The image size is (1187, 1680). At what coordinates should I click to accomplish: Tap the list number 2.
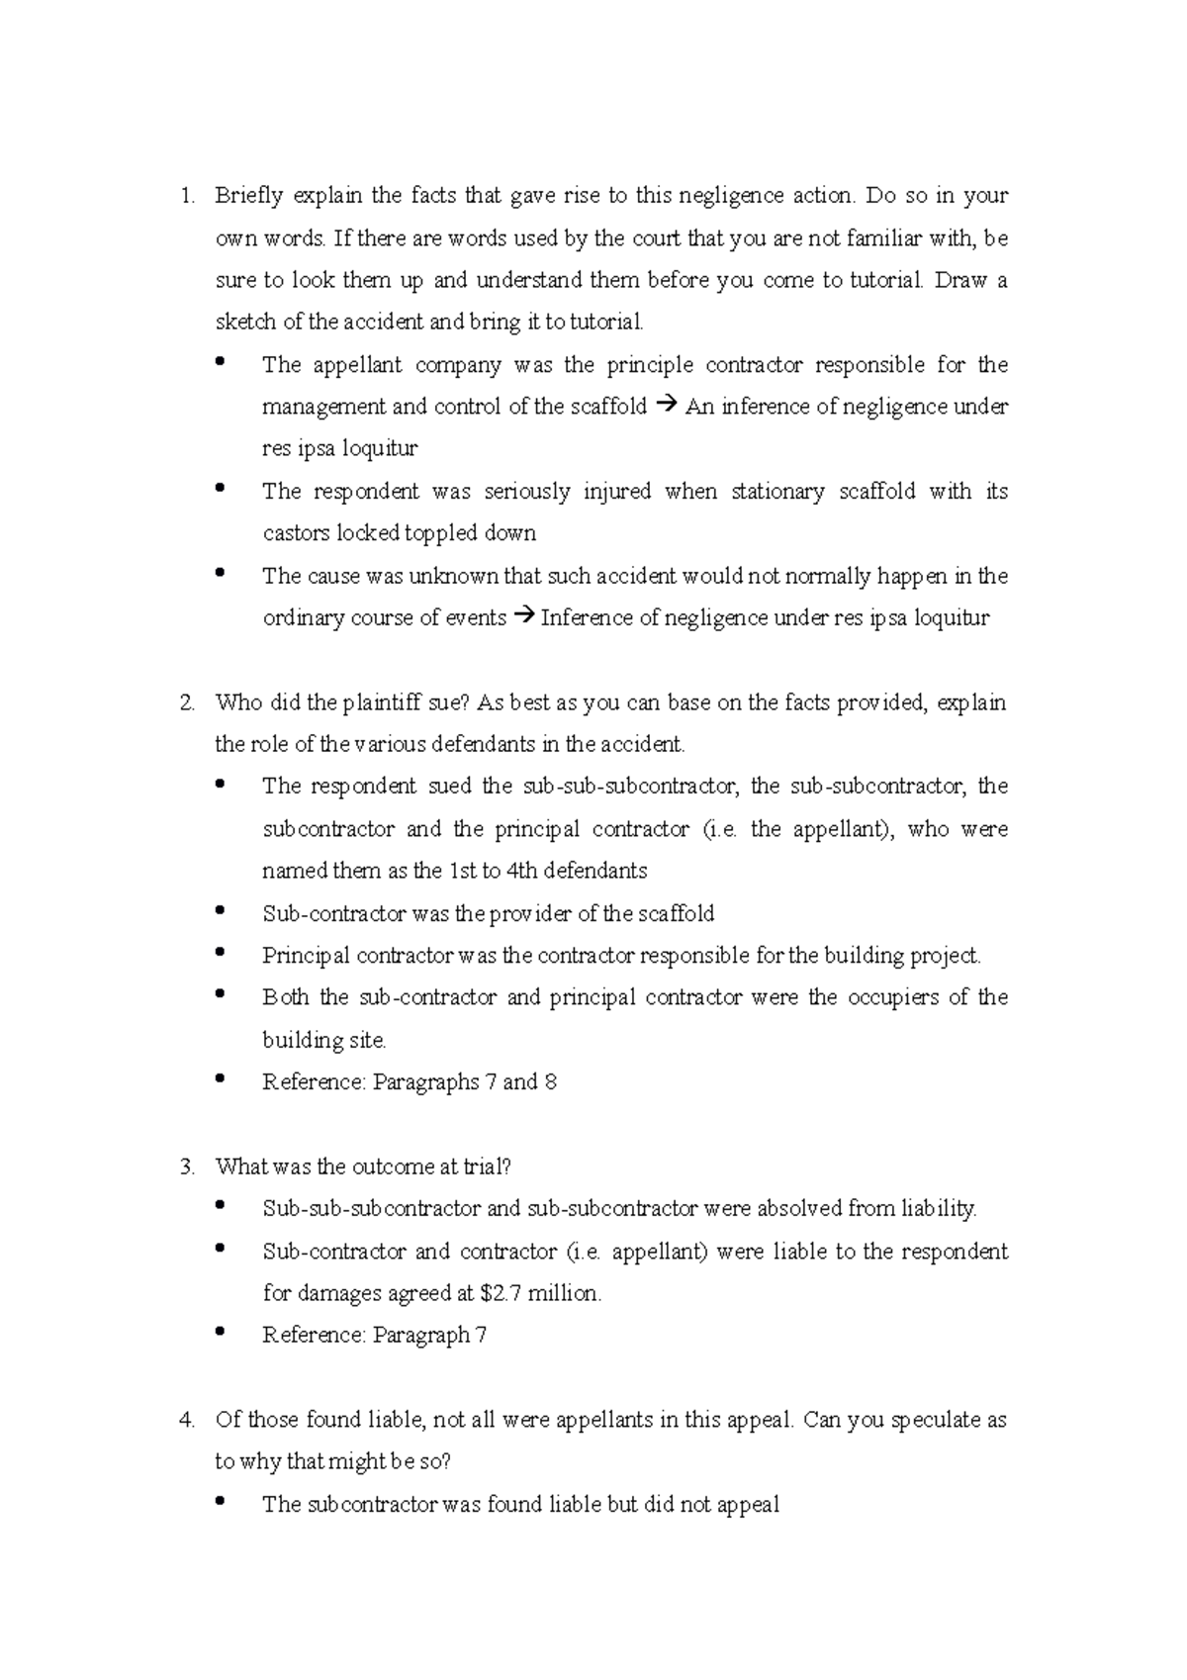[186, 703]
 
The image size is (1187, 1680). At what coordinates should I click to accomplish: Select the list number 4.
[186, 1421]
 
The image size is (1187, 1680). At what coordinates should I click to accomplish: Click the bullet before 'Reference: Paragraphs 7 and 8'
[220, 1079]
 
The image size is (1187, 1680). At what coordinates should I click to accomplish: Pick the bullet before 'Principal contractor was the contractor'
[220, 953]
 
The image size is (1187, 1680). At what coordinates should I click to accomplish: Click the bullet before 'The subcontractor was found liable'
[220, 1502]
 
